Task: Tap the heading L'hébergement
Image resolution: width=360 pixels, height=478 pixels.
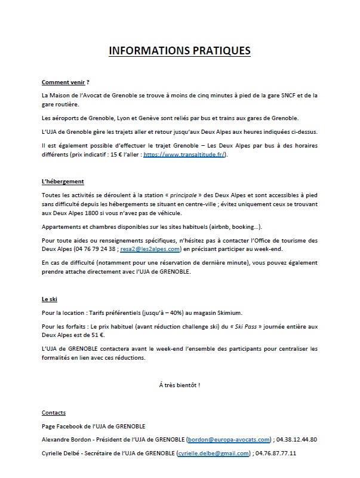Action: (63, 181)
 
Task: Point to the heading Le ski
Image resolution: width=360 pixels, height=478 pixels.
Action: (50, 298)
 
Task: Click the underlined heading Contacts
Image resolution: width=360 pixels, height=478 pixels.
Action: (54, 413)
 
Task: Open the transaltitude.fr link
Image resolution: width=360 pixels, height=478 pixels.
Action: (186, 154)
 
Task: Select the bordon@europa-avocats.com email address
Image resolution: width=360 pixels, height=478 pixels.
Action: (229, 439)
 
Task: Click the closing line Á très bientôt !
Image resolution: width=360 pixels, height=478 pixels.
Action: (180, 384)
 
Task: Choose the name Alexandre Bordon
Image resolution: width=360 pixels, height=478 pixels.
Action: (65, 439)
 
